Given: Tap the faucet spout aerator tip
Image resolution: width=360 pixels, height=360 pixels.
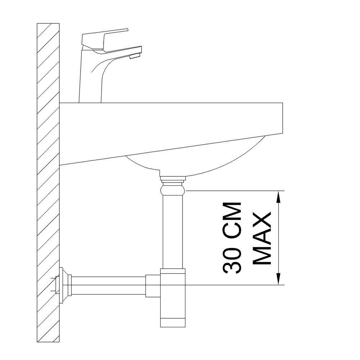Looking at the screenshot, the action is [x=135, y=56].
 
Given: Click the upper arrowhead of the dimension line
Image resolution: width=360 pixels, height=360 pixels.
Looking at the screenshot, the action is [x=278, y=197].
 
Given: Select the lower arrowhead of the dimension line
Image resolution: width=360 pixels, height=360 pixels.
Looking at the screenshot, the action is [x=278, y=279].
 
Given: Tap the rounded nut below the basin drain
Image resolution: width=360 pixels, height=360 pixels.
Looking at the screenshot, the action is [x=173, y=190].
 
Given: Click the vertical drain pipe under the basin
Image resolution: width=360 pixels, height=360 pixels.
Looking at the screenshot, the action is [x=173, y=232].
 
